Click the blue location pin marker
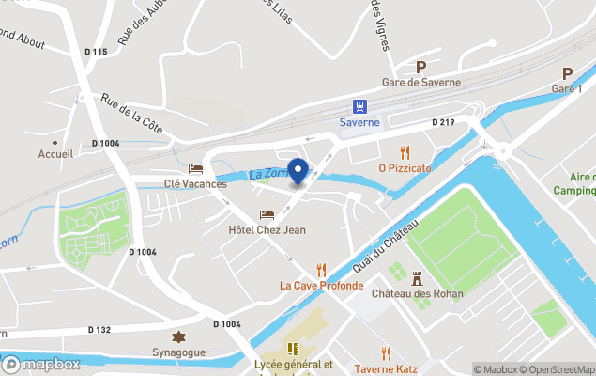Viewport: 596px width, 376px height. coord(298,171)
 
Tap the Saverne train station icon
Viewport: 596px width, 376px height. coord(359,106)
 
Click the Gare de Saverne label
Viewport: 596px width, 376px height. coord(420,82)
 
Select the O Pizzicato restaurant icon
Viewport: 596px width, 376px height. coord(405,151)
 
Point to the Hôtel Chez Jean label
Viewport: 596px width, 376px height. coord(267,229)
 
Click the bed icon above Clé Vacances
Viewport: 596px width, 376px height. coord(195,168)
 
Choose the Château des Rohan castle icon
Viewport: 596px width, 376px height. coord(418,278)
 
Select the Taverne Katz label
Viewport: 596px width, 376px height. coord(386,369)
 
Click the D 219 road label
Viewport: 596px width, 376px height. coord(443,122)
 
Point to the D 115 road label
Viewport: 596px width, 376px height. coord(95,52)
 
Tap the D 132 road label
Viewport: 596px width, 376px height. coord(99,330)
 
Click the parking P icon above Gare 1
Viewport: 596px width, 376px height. coord(567,72)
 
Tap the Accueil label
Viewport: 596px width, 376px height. coord(55,153)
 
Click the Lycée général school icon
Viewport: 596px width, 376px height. coord(293,350)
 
